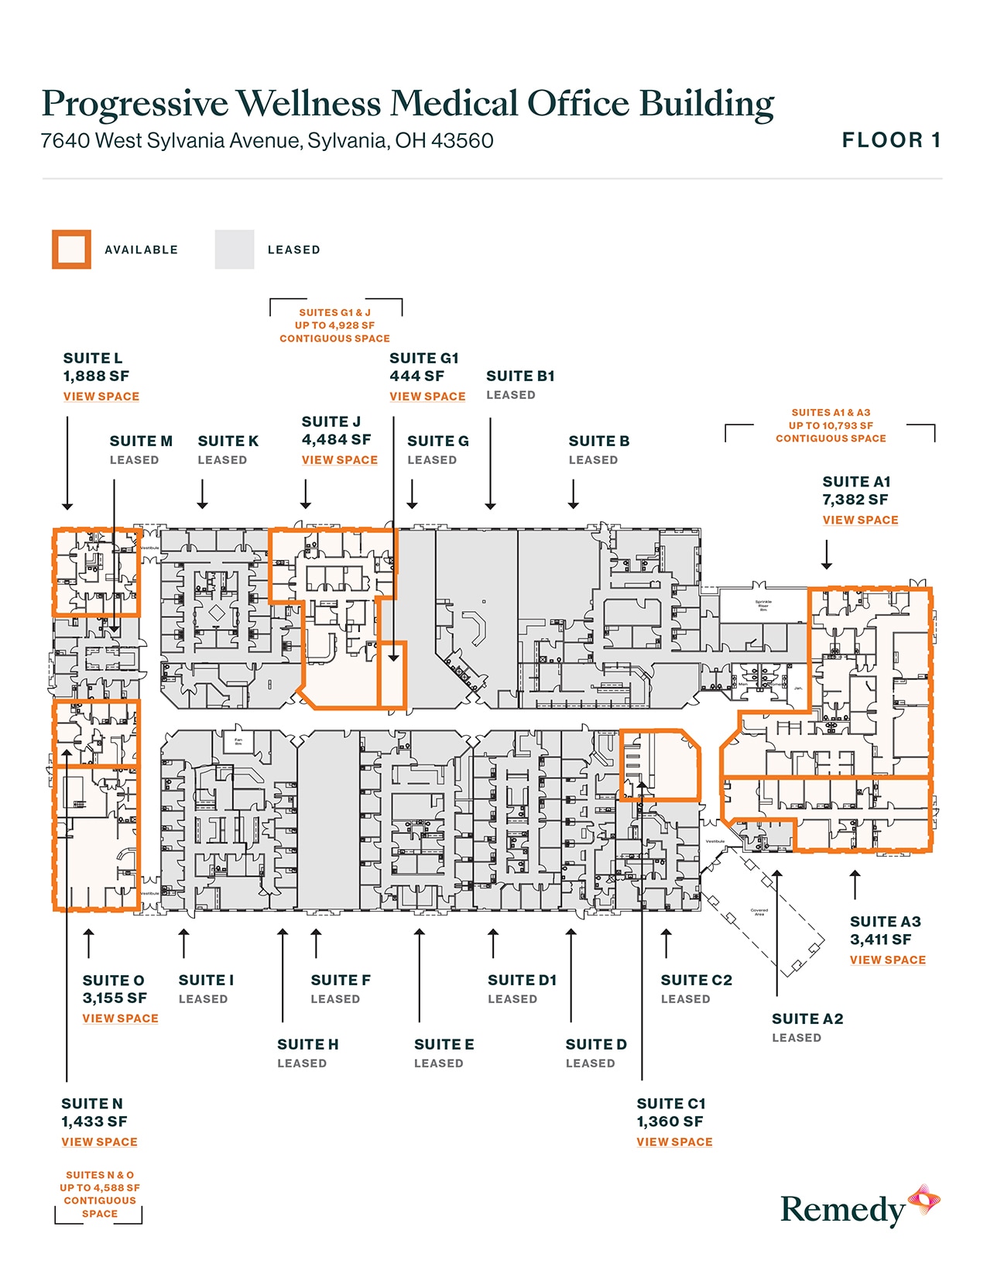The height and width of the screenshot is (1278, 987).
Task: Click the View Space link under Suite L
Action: click(x=101, y=397)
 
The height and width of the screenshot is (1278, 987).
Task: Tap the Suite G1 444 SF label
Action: click(x=423, y=367)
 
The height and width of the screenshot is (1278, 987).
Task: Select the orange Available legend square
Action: click(x=71, y=249)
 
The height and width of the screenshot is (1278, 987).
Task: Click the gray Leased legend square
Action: click(x=234, y=249)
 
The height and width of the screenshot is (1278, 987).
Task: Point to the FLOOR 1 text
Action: click(x=891, y=140)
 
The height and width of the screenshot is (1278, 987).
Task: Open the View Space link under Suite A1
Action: click(x=860, y=520)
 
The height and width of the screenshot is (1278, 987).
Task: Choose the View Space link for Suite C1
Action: click(x=674, y=1142)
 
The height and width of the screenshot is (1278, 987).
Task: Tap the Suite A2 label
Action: click(x=807, y=1019)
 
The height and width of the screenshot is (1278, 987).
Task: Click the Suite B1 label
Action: click(x=520, y=376)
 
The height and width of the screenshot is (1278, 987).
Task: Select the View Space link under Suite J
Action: click(x=340, y=460)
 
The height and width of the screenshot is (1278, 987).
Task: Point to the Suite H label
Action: click(x=307, y=1045)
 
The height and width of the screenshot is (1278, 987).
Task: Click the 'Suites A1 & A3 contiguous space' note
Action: click(x=831, y=425)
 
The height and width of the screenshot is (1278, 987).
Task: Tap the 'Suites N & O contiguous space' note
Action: click(x=100, y=1194)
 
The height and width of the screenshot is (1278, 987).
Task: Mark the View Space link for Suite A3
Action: click(x=887, y=960)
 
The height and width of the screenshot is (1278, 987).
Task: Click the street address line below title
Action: click(x=266, y=141)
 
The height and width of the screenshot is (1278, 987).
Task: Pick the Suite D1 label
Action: click(x=522, y=981)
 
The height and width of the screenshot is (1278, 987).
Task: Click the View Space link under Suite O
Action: click(x=120, y=1019)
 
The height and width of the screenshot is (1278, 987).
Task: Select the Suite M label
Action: click(x=141, y=441)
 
